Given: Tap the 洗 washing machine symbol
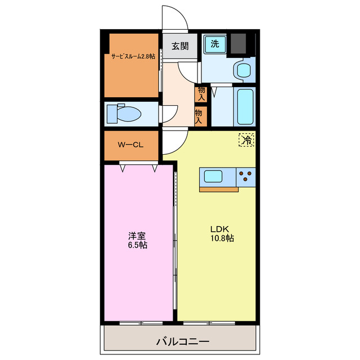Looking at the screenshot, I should point(214,44).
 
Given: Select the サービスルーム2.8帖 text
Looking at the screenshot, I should point(133,56).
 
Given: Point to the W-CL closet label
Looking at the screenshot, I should point(130,145).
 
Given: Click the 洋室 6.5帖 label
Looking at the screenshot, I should point(137,241).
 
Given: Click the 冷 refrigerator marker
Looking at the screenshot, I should point(246,139).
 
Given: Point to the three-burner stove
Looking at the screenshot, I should point(246,177).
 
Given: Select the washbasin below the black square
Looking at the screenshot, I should point(243,70).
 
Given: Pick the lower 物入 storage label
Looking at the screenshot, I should point(199,115).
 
